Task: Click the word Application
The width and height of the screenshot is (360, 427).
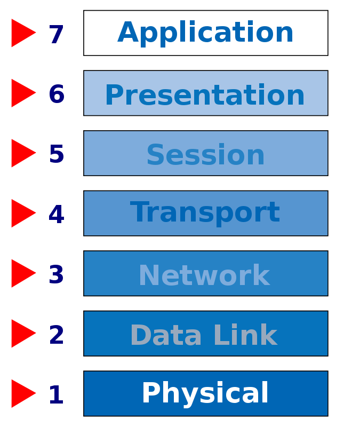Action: tap(205, 33)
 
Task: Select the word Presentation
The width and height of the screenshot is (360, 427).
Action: tap(205, 94)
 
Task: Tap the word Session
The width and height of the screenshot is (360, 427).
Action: tap(205, 154)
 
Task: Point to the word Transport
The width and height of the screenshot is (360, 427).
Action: tap(205, 213)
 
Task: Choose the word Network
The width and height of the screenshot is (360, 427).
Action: tap(204, 274)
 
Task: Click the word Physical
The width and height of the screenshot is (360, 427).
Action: tap(205, 394)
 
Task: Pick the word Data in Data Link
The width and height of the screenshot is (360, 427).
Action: tap(166, 335)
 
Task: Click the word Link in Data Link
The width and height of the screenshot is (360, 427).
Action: tap(246, 335)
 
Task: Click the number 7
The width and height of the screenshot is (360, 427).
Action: tap(57, 34)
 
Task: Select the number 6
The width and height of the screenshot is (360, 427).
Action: tap(57, 94)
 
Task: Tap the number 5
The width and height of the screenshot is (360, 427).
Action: tap(57, 154)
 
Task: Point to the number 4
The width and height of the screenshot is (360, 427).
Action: tap(57, 215)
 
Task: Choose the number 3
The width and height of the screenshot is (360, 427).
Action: tap(57, 274)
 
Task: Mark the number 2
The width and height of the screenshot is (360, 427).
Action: tap(57, 335)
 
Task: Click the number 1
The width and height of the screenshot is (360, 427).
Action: tap(57, 394)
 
